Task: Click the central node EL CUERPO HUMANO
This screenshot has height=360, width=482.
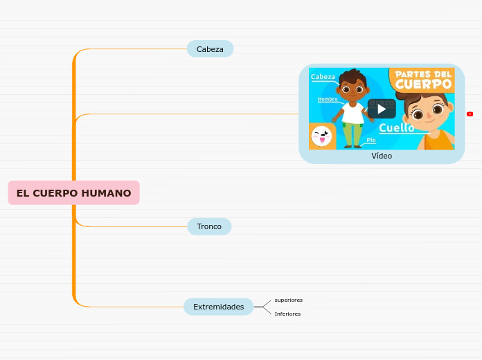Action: [x=73, y=193]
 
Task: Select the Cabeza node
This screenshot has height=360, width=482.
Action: [x=210, y=49]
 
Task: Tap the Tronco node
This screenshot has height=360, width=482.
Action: [x=209, y=226]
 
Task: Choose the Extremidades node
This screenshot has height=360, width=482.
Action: [x=218, y=307]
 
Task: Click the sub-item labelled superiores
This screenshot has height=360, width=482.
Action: [x=288, y=300]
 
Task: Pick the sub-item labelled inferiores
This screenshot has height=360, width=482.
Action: [x=287, y=314]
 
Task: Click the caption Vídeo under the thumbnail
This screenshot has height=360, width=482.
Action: [x=382, y=156]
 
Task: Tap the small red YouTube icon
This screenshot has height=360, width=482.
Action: [x=470, y=114]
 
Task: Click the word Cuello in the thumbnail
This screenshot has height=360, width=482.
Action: [x=396, y=128]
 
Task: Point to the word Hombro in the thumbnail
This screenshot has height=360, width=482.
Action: [x=328, y=99]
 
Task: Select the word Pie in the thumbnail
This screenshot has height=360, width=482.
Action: [x=371, y=140]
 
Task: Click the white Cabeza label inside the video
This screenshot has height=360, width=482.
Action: [x=323, y=77]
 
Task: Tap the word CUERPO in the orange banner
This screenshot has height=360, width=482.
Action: [x=423, y=84]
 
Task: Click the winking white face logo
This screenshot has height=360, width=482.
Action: [x=321, y=136]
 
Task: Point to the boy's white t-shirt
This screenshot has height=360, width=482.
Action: [x=352, y=114]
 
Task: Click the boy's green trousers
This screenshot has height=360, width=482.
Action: [x=352, y=134]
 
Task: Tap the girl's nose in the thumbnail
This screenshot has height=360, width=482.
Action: [x=427, y=115]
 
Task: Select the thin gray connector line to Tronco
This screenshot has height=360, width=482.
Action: [x=139, y=226]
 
